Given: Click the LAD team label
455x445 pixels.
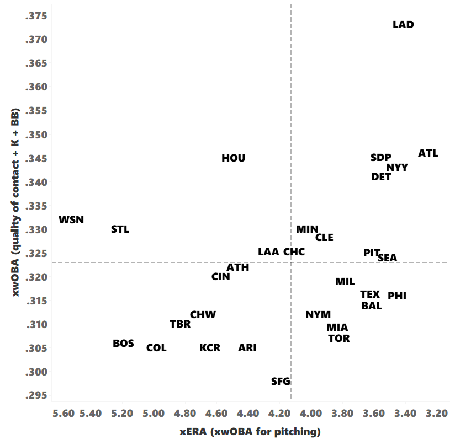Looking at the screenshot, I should tap(403, 25).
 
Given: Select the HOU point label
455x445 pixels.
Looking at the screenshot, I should tap(233, 158).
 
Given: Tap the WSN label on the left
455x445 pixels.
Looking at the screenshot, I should tap(71, 219).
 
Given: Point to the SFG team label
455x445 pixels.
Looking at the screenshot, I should tap(281, 381).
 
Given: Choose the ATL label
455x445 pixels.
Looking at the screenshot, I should tap(428, 153).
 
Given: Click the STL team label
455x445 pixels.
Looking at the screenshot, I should tap(120, 229).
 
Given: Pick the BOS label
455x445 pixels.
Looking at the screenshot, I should tap(123, 343).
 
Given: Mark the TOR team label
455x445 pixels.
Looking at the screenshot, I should tap(338, 338).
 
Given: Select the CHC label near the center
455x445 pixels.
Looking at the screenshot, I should tap(294, 251).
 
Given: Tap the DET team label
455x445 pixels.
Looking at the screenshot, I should tap(381, 177).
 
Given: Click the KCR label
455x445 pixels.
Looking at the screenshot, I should tap(210, 348).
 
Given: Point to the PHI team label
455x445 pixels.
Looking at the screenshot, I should tap(397, 296).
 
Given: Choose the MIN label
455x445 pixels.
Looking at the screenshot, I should tap(307, 229).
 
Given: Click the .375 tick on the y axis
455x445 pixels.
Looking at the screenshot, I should tap(36, 16).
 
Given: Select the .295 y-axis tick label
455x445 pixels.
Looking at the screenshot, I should tap(36, 395).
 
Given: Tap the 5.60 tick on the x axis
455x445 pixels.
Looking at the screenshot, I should tap(64, 414).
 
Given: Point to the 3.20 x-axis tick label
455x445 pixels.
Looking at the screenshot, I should tap(437, 414).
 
